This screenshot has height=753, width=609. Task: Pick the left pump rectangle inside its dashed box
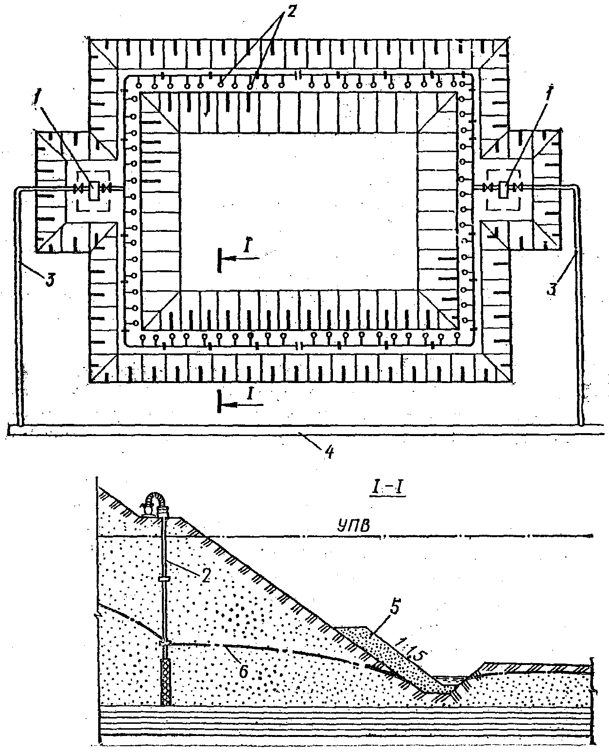(x=93, y=189)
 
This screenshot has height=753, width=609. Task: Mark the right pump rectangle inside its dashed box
(x=504, y=189)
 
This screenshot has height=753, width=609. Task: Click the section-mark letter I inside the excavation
(x=247, y=248)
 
